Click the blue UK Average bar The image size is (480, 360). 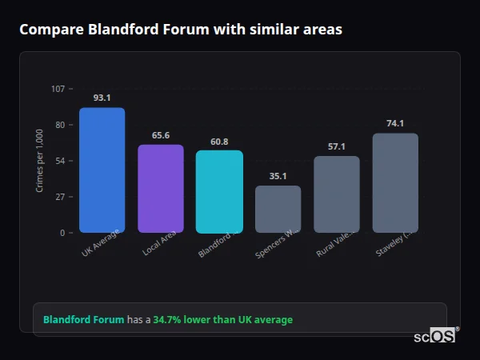click(102, 170)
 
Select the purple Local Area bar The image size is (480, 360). click(160, 188)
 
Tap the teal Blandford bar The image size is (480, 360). click(219, 191)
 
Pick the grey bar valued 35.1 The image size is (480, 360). click(278, 209)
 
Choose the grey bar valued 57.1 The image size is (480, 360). click(336, 194)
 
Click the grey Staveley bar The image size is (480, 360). click(395, 182)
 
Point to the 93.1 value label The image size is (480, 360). click(102, 98)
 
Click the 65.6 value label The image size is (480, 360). click(160, 135)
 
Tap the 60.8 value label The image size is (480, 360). click(219, 142)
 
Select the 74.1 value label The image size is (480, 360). click(395, 123)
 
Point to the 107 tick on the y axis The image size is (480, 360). click(58, 89)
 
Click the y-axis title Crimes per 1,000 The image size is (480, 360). click(39, 161)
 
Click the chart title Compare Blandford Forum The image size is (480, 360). click(180, 30)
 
